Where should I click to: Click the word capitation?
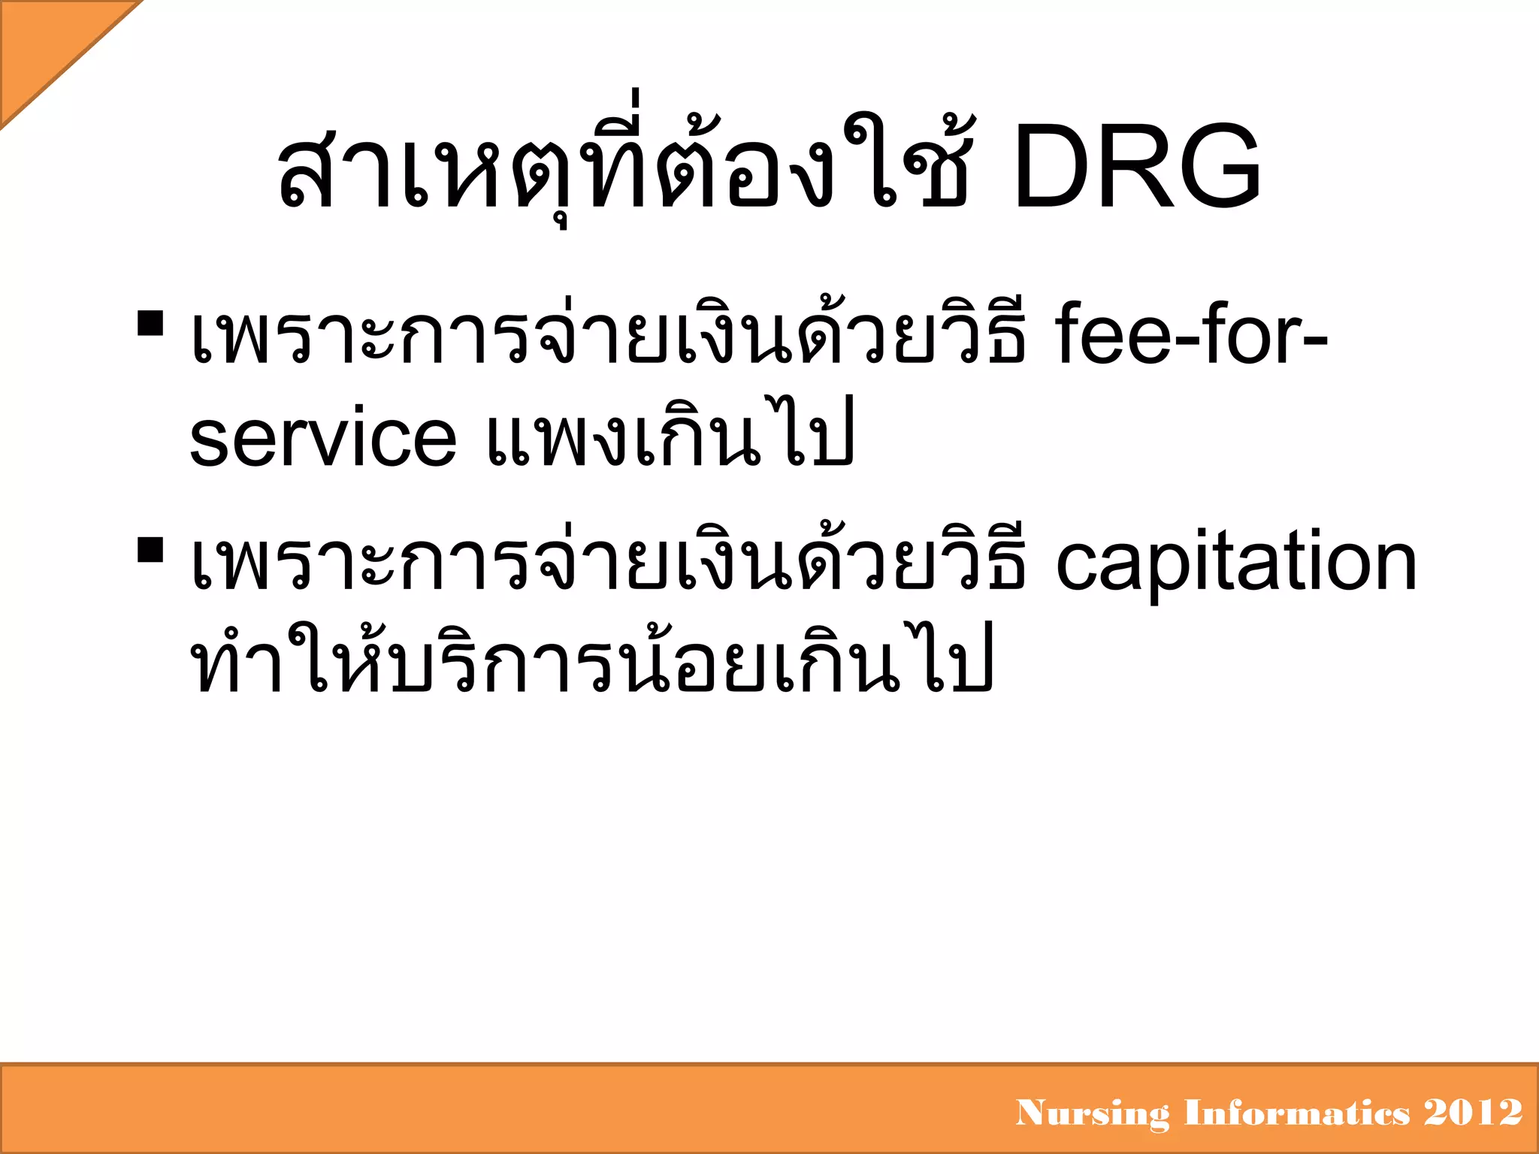click(x=1236, y=563)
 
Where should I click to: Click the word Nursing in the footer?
click(x=1093, y=1113)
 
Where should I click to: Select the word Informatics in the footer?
click(x=1297, y=1112)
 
